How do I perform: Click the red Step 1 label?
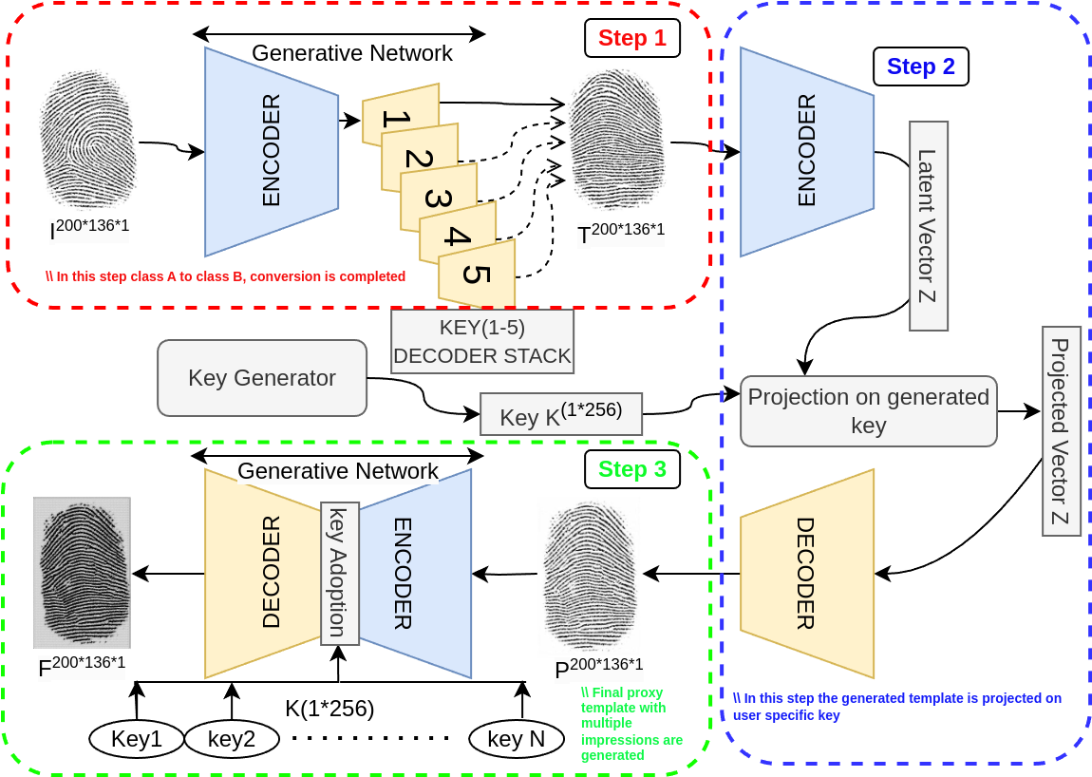(631, 39)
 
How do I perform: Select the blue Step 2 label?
(920, 66)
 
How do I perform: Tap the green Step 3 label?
(631, 469)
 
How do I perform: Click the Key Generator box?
(262, 378)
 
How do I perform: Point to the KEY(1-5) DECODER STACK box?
(482, 342)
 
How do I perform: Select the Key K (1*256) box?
(561, 415)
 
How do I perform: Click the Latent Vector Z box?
(928, 226)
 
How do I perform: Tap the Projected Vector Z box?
(1061, 431)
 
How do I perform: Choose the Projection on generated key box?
(868, 411)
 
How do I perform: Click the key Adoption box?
(340, 573)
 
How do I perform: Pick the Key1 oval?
(137, 739)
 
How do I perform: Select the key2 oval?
(232, 739)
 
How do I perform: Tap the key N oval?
(517, 739)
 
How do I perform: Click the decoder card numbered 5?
(478, 274)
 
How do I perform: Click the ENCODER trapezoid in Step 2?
(806, 152)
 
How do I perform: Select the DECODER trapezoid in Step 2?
(806, 573)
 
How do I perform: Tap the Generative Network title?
(338, 470)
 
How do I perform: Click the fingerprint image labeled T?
(617, 142)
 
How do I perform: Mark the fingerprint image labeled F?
(82, 573)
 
